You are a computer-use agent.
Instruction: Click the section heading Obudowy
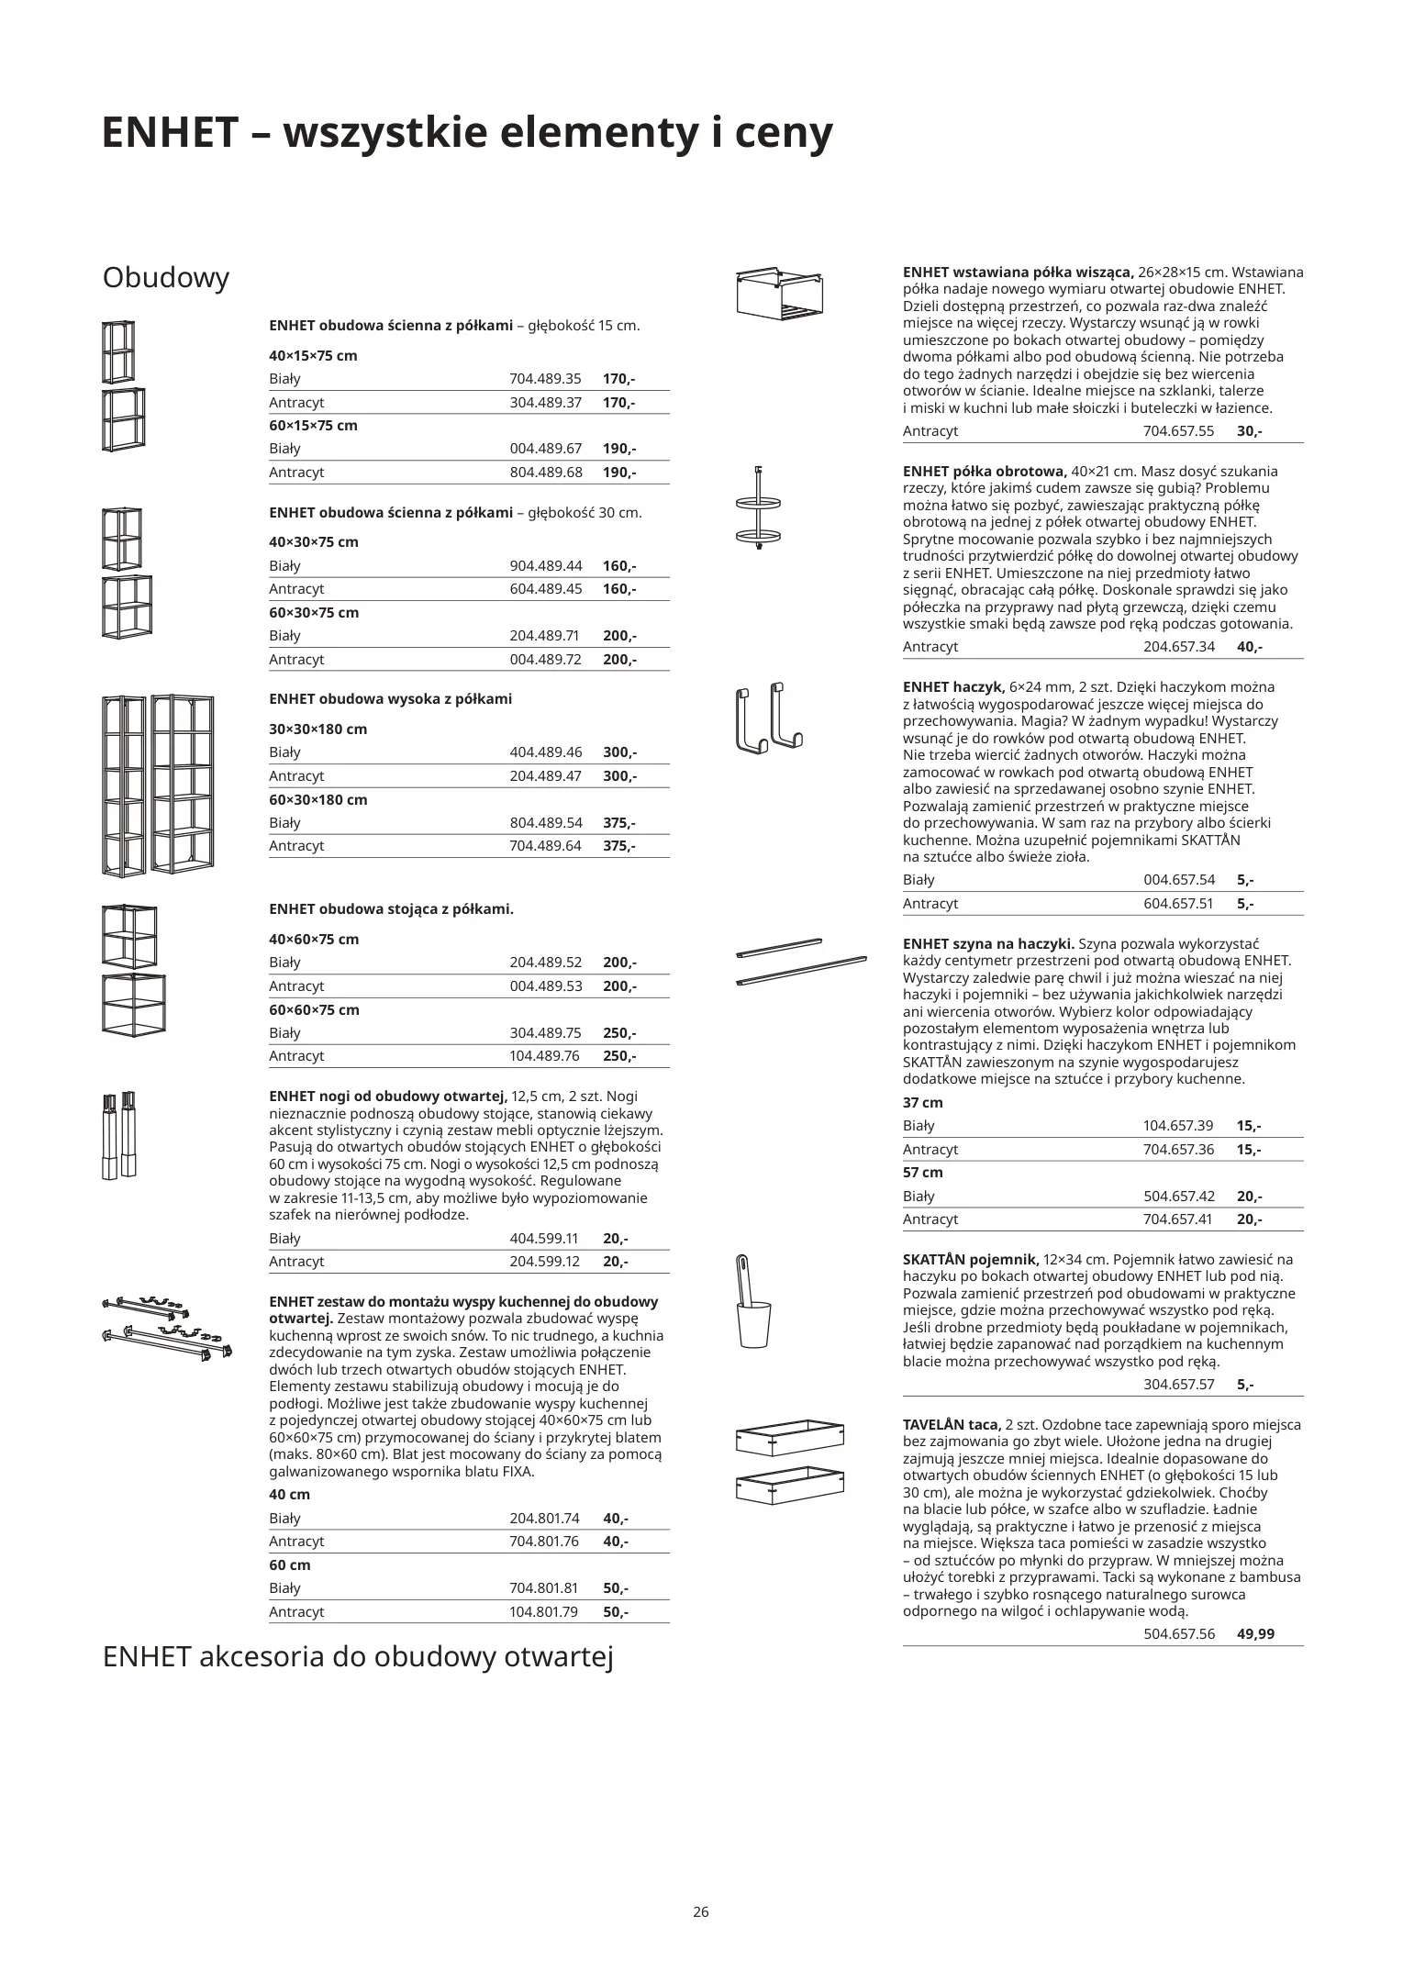[x=166, y=278]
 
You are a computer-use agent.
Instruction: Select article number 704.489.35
[x=545, y=379]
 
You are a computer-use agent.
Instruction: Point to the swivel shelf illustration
[x=759, y=509]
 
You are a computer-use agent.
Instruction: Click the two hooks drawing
[x=769, y=717]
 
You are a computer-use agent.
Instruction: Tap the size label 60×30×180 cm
[x=317, y=799]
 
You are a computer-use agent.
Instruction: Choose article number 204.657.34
[x=1179, y=646]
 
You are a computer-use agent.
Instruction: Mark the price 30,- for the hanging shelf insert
[x=1249, y=430]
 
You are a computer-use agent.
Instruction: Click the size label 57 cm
[x=922, y=1172]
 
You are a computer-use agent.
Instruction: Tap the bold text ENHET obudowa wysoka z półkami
[x=390, y=699]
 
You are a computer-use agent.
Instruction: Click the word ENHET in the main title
[x=170, y=133]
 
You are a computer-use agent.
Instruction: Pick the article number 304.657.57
[x=1179, y=1384]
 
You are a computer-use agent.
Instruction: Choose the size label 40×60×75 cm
[x=314, y=939]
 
